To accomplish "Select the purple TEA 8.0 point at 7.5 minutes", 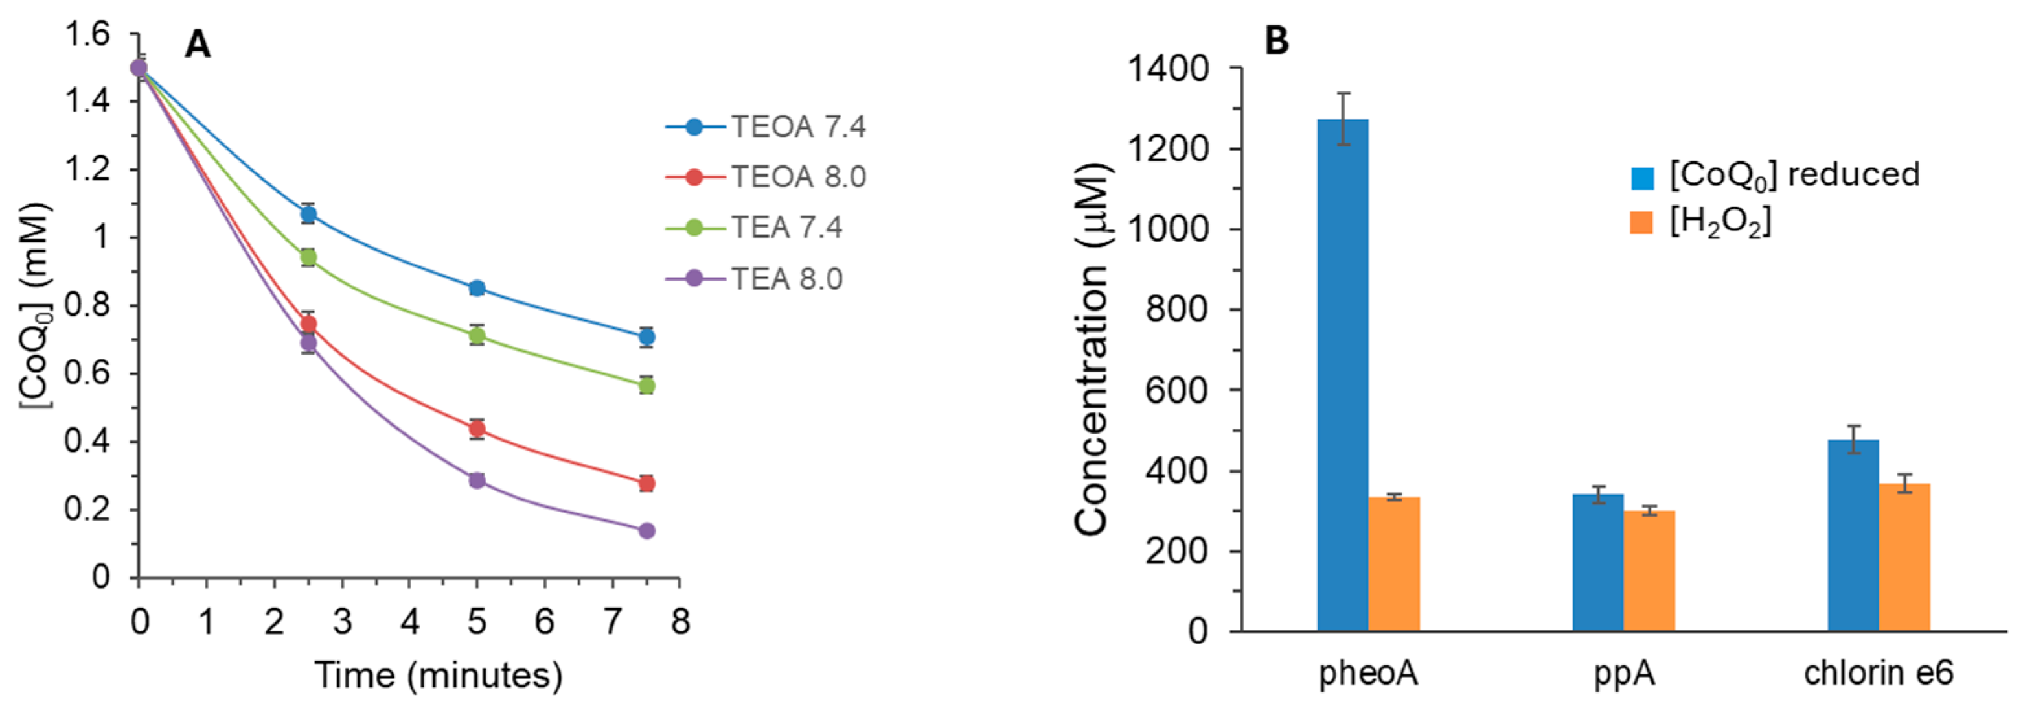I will click(647, 531).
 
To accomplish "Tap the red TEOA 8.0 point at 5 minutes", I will click(477, 429).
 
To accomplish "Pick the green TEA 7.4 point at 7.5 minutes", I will click(647, 386).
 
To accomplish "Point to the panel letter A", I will click(197, 45).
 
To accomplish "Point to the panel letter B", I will click(1277, 40).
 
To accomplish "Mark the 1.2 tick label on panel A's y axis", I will click(87, 170).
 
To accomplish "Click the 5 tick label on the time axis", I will click(477, 622).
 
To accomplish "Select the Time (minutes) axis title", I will click(438, 675).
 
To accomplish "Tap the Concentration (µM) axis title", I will click(1092, 349).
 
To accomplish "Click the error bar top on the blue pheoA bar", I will click(1343, 93).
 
